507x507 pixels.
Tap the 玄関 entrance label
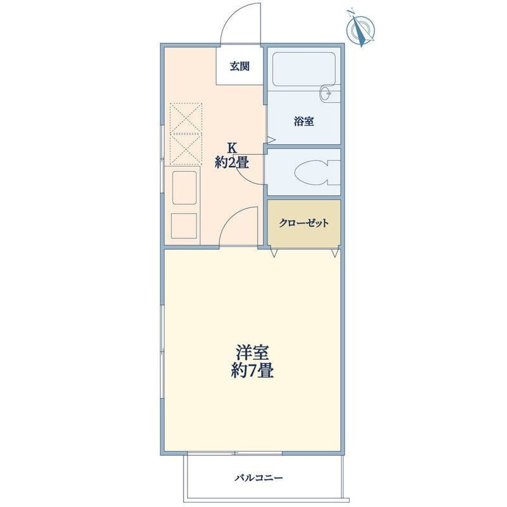coord(240,67)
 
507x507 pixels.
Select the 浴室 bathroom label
coord(304,122)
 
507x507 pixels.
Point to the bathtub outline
coord(304,69)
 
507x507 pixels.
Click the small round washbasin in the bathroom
coord(326,94)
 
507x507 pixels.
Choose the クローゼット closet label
coord(304,223)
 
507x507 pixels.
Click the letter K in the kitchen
coord(232,148)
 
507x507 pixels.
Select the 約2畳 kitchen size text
coord(232,162)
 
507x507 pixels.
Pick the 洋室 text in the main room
coord(252,353)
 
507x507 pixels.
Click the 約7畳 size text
coord(252,371)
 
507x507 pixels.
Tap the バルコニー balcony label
coord(259,478)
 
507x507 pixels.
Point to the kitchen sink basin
coord(184,188)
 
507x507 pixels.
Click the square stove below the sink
coord(184,226)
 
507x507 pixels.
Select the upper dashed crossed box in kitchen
coord(186,118)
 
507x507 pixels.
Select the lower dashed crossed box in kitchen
coord(186,150)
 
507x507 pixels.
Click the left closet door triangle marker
coord(274,253)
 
